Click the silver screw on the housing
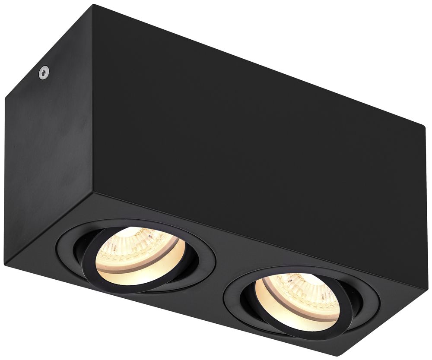point(44,73)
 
